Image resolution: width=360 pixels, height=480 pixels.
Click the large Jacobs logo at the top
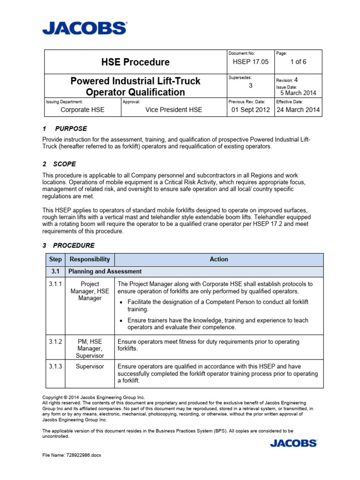84,28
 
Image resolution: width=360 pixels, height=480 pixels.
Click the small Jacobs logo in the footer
293,442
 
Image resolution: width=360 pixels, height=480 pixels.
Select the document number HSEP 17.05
251,62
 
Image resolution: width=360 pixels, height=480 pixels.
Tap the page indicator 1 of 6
299,62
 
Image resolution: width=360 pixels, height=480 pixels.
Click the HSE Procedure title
135,62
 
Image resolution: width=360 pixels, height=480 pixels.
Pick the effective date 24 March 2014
298,110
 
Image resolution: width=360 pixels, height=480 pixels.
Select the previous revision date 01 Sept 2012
251,110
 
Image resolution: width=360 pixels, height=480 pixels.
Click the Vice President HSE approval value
174,110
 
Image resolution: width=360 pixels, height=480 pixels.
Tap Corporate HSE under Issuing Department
83,110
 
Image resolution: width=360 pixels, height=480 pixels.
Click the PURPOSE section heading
71,128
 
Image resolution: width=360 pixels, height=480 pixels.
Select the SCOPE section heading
65,164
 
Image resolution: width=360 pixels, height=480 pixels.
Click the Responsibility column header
90,259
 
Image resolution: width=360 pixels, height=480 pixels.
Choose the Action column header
219,259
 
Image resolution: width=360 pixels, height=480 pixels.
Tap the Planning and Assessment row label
105,271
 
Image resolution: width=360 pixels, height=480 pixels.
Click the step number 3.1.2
56,342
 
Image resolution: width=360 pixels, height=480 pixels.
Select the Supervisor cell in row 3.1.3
90,366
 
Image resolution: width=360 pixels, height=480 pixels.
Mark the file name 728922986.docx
72,455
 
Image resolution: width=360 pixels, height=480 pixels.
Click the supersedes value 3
251,85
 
